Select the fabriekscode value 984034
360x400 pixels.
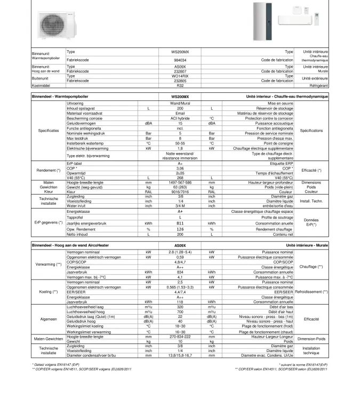(x=180, y=60)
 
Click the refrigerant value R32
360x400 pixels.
(x=180, y=85)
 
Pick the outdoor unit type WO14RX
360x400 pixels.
(x=180, y=76)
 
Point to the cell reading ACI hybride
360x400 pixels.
(x=180, y=118)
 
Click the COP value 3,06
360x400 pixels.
(x=180, y=169)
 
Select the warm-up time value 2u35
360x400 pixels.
(x=180, y=173)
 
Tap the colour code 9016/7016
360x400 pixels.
(x=180, y=191)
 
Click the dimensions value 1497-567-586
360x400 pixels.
(x=180, y=182)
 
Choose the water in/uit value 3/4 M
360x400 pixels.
(x=180, y=205)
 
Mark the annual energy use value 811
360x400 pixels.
(x=180, y=223)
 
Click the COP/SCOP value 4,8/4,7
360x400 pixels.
(x=180, y=262)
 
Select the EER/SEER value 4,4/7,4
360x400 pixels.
(x=180, y=292)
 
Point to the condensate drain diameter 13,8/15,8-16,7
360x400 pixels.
(x=180, y=355)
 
